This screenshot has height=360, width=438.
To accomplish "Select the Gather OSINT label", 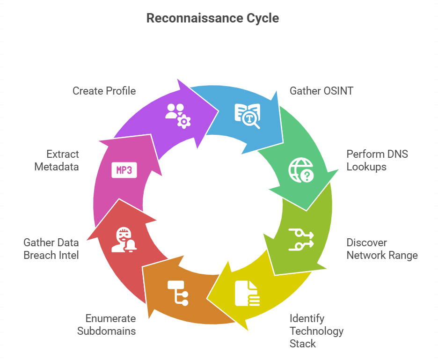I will (321, 90).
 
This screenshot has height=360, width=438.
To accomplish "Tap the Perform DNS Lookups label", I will (377, 160).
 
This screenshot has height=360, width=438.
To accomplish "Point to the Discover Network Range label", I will (382, 249).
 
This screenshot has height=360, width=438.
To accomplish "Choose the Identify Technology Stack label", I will (316, 331).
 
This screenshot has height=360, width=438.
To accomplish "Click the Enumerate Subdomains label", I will (106, 325).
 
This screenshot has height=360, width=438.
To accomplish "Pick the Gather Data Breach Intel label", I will (51, 249).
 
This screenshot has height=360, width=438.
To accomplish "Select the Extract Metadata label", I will (57, 160).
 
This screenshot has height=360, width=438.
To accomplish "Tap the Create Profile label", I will (104, 90).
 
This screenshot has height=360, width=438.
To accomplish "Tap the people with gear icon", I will (178, 116).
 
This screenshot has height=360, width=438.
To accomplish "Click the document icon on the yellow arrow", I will (247, 293).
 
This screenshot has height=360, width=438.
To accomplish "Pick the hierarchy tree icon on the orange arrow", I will (178, 293).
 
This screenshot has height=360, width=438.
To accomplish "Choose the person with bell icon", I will (124, 240).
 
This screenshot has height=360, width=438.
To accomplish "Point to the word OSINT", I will (337, 90).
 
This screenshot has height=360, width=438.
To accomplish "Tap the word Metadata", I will (57, 166).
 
